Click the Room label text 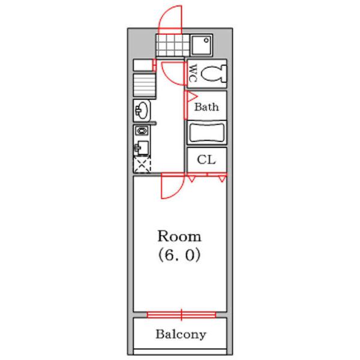pos(179,236)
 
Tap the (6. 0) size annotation pos(179,255)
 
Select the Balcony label pos(181,335)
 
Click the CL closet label pos(206,160)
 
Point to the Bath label pos(206,107)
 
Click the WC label pos(193,73)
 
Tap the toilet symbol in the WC pos(214,73)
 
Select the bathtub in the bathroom pos(207,133)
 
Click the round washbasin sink pos(142,110)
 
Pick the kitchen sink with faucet pos(141,148)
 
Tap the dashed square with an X pos(142,164)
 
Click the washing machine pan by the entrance pos(202,45)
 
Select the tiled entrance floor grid pos(172,45)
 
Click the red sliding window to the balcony pos(181,315)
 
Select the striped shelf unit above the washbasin pos(144,85)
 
